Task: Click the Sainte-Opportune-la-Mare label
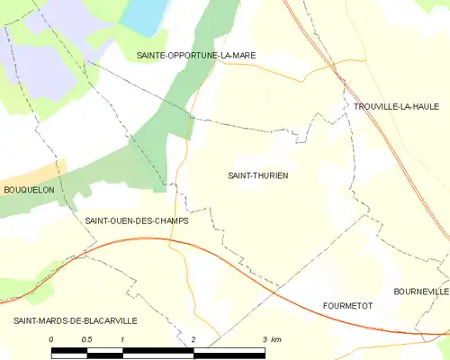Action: pyautogui.click(x=195, y=55)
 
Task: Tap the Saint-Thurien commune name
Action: pyautogui.click(x=257, y=175)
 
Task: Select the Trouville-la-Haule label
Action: pyautogui.click(x=395, y=106)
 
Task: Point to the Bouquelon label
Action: pyautogui.click(x=29, y=190)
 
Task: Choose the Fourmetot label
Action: pyautogui.click(x=347, y=306)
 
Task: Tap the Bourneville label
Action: pyautogui.click(x=420, y=292)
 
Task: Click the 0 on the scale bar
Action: pyautogui.click(x=52, y=339)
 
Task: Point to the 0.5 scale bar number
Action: pyautogui.click(x=86, y=339)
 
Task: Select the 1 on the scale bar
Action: pyautogui.click(x=121, y=339)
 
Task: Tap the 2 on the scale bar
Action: pyautogui.click(x=193, y=339)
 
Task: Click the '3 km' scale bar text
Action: pyautogui.click(x=272, y=339)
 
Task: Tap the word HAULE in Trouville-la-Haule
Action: pyautogui.click(x=422, y=106)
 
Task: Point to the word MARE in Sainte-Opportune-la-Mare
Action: pyautogui.click(x=242, y=55)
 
